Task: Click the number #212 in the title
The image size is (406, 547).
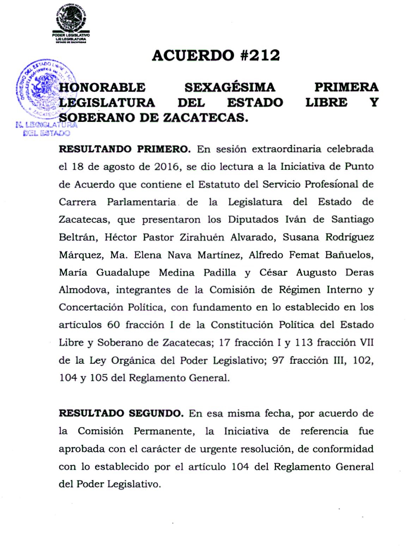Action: pyautogui.click(x=261, y=55)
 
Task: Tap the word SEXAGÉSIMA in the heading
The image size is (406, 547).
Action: pyautogui.click(x=230, y=87)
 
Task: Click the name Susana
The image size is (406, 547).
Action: pyautogui.click(x=301, y=237)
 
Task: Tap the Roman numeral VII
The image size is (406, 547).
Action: pyautogui.click(x=366, y=343)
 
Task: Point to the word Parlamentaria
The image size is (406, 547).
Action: pyautogui.click(x=141, y=202)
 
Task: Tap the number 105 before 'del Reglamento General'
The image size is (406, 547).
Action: pyautogui.click(x=99, y=378)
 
